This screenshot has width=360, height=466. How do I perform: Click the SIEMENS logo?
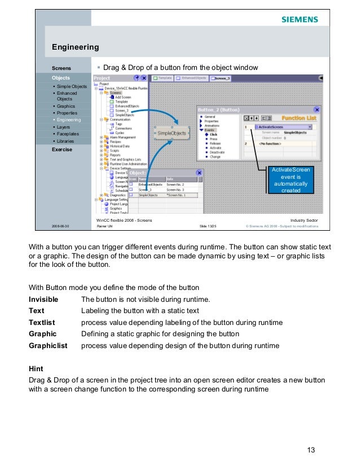click(x=300, y=20)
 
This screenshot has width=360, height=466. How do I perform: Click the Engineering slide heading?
click(x=75, y=47)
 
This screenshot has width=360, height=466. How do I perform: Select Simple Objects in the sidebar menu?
click(x=71, y=86)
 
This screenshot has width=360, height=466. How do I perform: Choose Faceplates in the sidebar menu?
click(x=68, y=134)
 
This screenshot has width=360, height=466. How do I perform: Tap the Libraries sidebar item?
click(x=67, y=141)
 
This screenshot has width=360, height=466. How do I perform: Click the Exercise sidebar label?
click(x=62, y=150)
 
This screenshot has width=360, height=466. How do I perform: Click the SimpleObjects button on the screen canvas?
click(x=172, y=133)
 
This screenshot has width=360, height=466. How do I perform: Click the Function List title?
click(x=298, y=118)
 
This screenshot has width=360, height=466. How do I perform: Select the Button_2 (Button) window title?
click(x=218, y=109)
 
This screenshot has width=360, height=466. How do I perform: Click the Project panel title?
click(x=102, y=78)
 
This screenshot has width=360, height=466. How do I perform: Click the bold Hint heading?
click(x=36, y=368)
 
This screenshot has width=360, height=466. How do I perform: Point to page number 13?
click(x=310, y=450)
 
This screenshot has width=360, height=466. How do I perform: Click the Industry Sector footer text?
click(x=304, y=219)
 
